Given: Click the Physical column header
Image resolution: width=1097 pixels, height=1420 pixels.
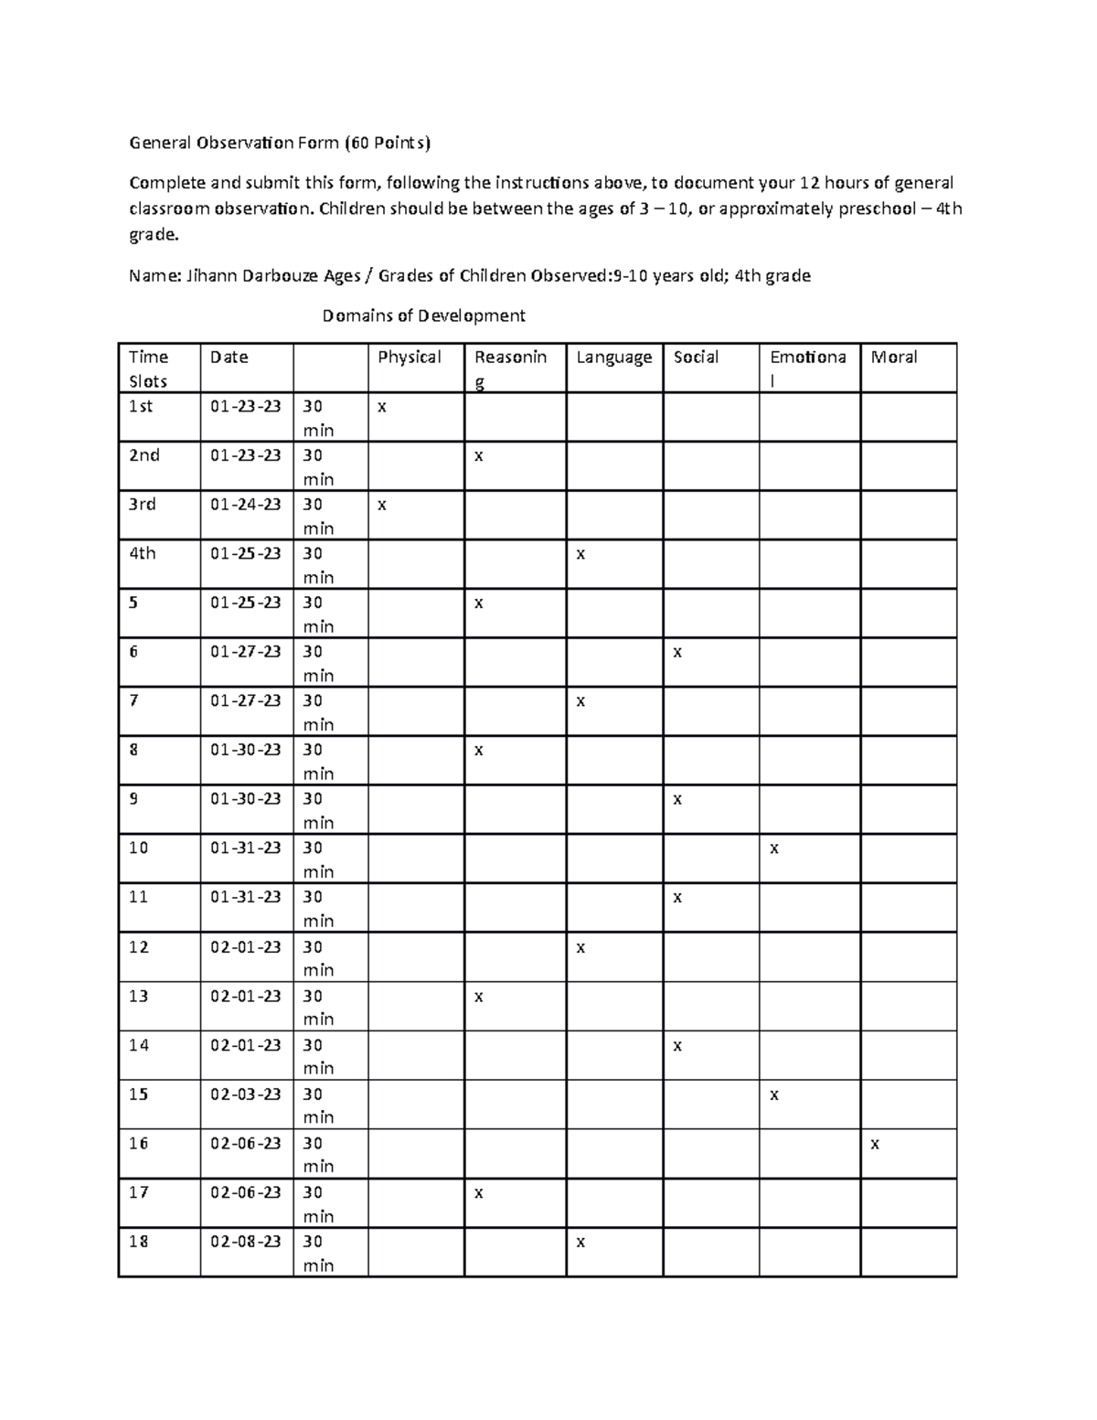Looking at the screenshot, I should [409, 358].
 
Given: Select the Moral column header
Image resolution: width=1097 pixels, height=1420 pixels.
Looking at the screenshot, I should [893, 358].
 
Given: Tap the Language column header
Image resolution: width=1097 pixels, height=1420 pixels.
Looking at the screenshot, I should [613, 358].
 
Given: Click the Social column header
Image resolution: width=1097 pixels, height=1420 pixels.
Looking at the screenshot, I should [696, 358].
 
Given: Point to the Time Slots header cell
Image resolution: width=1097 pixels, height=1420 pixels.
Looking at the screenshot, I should [148, 368].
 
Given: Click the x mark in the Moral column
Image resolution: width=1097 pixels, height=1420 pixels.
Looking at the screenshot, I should [875, 1144].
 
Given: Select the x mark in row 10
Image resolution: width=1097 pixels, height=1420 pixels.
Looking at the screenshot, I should [773, 849].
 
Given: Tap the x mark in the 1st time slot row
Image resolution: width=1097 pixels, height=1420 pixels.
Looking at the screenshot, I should [382, 407].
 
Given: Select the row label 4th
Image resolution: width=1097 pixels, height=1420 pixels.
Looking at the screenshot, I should [142, 553].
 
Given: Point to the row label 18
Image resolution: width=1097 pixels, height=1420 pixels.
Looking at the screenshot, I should [138, 1241].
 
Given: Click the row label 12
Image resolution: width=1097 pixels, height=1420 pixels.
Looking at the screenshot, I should [138, 946].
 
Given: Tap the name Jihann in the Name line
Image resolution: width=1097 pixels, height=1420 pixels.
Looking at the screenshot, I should [211, 275].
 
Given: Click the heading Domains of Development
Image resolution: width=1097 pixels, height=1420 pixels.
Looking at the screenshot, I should [423, 315].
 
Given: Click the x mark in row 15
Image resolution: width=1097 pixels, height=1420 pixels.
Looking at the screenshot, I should [773, 1094].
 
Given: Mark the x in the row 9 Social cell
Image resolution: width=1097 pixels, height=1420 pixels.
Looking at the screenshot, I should [677, 800].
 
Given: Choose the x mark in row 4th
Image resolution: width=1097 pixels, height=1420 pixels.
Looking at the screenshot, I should [580, 554].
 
